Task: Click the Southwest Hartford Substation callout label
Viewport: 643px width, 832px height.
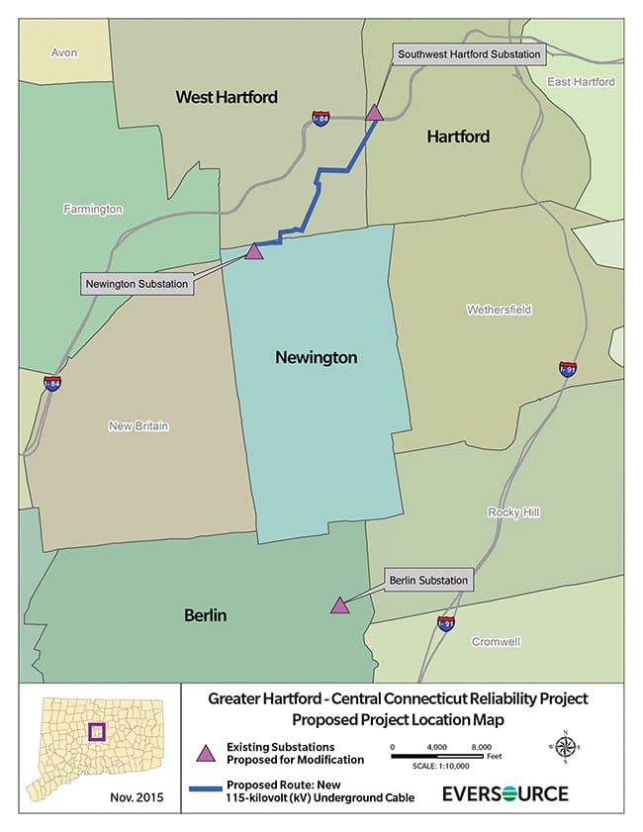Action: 468,53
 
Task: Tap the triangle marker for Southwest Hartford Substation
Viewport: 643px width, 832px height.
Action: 374,113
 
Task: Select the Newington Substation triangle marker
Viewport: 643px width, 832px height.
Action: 254,251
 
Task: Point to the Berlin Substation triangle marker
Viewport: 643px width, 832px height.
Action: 339,605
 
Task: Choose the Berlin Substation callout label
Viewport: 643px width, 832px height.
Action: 427,580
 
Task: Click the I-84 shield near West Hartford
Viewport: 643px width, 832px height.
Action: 320,118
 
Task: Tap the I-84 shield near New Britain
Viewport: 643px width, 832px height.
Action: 52,383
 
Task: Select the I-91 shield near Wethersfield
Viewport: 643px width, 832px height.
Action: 568,369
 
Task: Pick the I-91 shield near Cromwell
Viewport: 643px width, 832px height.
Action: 446,623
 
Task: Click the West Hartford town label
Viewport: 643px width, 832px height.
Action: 227,97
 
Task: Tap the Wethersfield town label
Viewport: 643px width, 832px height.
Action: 499,310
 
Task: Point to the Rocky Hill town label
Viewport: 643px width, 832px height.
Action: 513,512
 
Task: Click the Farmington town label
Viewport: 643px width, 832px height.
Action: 93,209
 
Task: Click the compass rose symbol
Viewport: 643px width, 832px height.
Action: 564,748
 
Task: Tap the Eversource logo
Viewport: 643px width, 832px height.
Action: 505,793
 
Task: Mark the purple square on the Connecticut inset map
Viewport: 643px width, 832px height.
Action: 96,733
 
